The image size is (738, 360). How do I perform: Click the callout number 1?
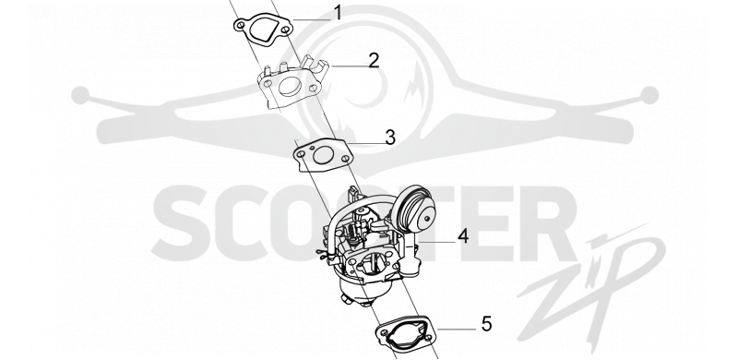[338, 13]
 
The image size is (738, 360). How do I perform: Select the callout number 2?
[374, 61]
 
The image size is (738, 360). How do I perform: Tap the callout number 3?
[390, 138]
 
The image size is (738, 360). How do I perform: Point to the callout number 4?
[463, 236]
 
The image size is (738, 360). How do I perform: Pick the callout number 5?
[486, 324]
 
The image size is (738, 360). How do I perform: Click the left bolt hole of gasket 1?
[242, 25]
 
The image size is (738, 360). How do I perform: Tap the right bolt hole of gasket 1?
[285, 30]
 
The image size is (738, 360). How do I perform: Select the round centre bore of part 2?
[290, 86]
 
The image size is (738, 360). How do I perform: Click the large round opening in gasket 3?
[323, 155]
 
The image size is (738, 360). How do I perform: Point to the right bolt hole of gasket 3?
[345, 161]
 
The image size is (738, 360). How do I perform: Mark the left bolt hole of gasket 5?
[385, 332]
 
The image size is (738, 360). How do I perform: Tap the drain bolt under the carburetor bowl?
[347, 298]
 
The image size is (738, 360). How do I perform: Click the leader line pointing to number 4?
[436, 242]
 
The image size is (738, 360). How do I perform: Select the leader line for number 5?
[457, 330]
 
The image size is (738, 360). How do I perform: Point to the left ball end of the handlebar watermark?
[80, 95]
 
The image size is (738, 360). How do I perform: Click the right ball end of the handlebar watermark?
[649, 95]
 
